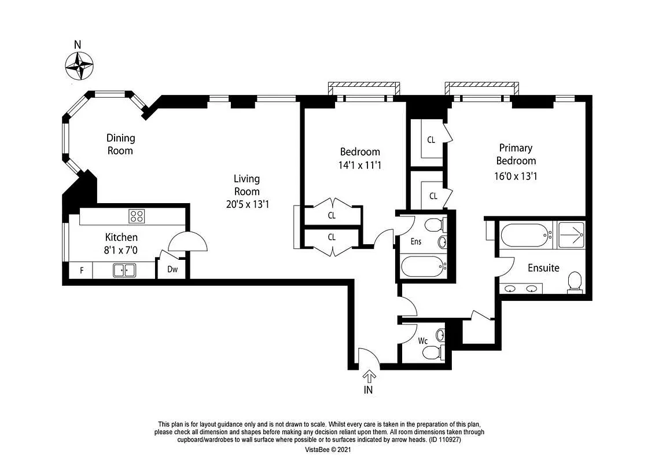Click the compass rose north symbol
[79, 65]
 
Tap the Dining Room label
[120, 144]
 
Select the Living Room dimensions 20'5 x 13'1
[246, 203]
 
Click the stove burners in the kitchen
[137, 216]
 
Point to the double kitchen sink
[124, 270]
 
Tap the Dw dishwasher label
[172, 269]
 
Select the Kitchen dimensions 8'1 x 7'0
[121, 249]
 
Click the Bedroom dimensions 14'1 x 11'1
[360, 165]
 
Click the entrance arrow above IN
[368, 376]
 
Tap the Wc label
[422, 341]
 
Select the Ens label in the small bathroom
[415, 242]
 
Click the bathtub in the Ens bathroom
[424, 267]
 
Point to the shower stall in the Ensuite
[571, 235]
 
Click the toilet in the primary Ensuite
[574, 282]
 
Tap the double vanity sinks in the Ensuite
[521, 288]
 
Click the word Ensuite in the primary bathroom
[543, 268]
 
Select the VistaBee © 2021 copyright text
[328, 449]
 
